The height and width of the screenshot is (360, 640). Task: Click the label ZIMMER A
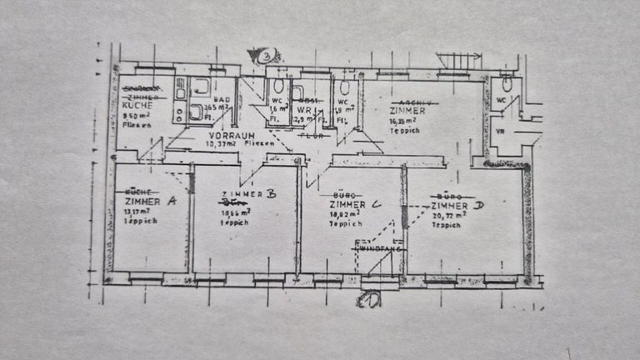149,202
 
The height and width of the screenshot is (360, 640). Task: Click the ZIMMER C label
355,204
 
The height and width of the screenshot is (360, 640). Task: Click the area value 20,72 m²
450,214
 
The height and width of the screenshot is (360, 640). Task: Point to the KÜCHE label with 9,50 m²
135,106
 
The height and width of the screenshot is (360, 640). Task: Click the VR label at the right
500,130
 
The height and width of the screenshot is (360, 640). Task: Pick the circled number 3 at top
266,57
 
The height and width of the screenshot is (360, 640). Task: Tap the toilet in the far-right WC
507,84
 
